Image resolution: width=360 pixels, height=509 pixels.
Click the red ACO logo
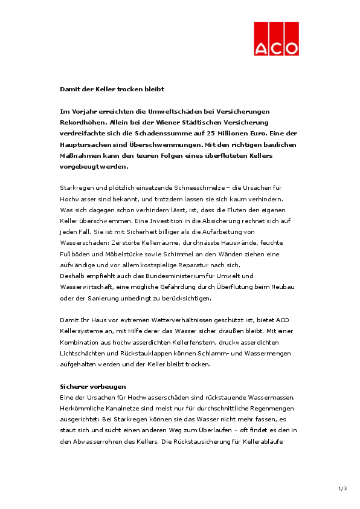pos(275,39)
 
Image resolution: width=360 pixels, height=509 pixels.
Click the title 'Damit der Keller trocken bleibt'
pos(112,89)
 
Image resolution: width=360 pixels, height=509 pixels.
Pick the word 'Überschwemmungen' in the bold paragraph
pos(169,144)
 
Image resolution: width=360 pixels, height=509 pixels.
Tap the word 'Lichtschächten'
pos(83,352)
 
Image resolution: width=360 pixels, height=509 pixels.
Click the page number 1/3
pos(342,488)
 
